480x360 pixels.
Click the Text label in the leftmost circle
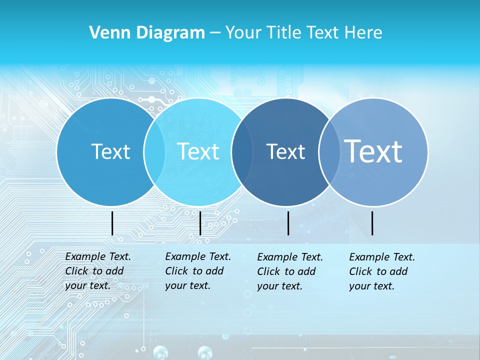[110, 151]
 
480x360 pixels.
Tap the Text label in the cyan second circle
[198, 151]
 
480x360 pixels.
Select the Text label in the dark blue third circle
[285, 151]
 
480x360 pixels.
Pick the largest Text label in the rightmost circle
[373, 151]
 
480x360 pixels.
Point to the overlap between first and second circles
[154, 151]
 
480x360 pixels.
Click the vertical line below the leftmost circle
[112, 223]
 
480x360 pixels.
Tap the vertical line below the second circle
[200, 223]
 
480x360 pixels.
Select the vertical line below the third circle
[288, 223]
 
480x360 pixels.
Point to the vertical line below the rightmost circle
[372, 223]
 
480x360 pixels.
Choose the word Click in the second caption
[176, 271]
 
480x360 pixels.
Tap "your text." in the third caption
[279, 286]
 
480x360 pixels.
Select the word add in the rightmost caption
[398, 271]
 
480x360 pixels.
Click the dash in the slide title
[215, 33]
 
